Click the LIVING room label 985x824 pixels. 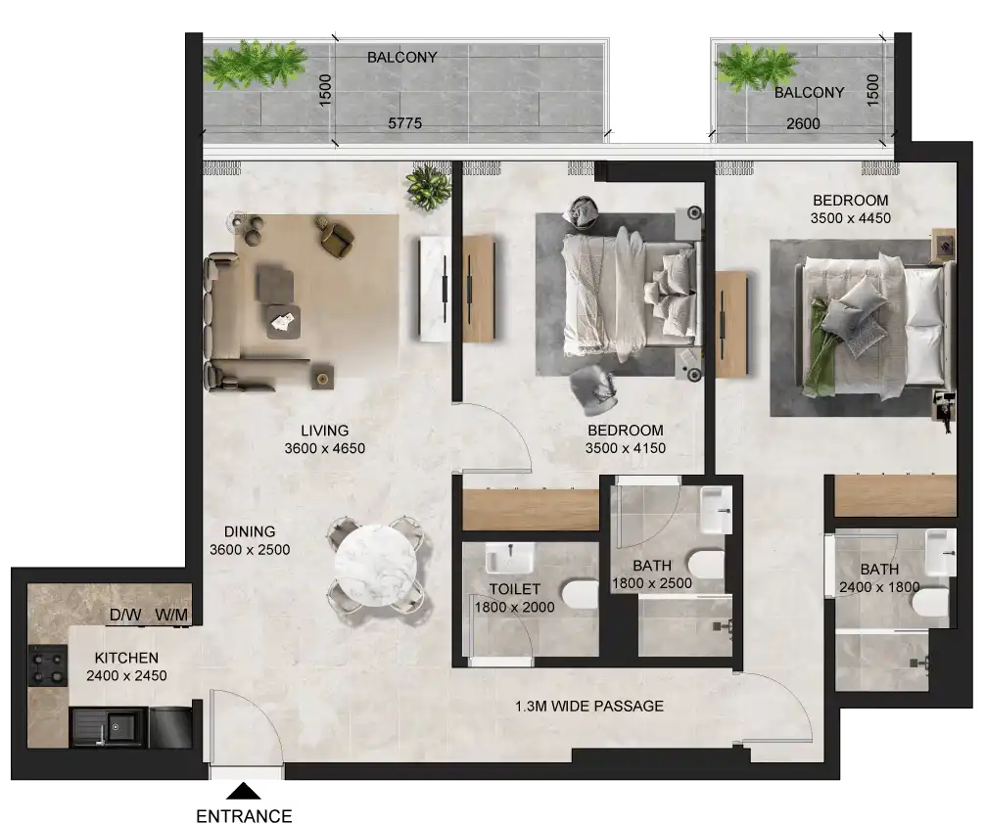click(324, 431)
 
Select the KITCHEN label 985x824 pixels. click(126, 659)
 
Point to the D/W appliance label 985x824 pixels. click(124, 616)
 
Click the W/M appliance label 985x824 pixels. click(171, 616)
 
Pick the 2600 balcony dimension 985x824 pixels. click(803, 124)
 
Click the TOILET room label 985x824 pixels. click(514, 589)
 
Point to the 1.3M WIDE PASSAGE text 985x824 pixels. click(590, 706)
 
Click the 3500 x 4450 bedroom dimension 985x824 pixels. click(851, 218)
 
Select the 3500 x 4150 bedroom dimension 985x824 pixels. click(625, 448)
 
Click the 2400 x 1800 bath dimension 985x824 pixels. click(878, 587)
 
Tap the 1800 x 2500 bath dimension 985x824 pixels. click(651, 583)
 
